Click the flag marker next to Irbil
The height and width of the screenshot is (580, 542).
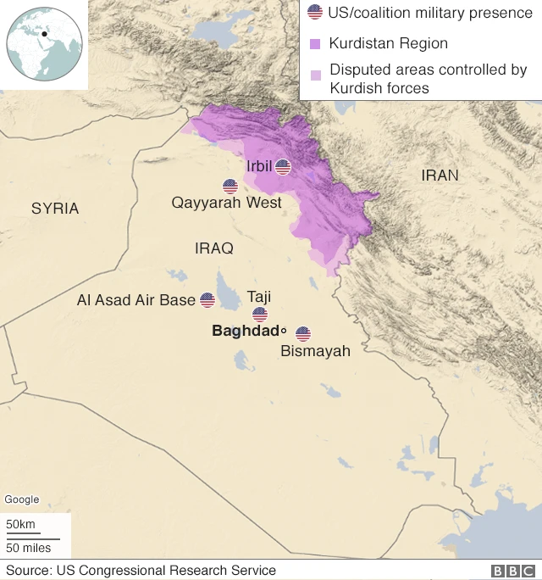pyautogui.click(x=283, y=167)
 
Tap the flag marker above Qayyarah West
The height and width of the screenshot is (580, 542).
pyautogui.click(x=230, y=187)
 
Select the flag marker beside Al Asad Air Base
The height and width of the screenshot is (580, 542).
pyautogui.click(x=207, y=300)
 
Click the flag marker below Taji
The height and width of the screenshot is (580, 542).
pyautogui.click(x=260, y=315)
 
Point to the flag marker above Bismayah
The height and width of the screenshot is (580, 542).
pyautogui.click(x=303, y=334)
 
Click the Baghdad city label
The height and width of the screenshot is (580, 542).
pyautogui.click(x=246, y=331)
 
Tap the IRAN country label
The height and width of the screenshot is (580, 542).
pyautogui.click(x=440, y=176)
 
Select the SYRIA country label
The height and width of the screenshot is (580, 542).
pyautogui.click(x=55, y=209)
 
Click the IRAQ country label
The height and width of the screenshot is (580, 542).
pyautogui.click(x=213, y=248)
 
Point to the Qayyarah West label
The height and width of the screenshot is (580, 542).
pyautogui.click(x=226, y=204)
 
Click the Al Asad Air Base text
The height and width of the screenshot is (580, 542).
pyautogui.click(x=135, y=300)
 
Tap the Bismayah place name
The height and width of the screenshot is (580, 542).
pyautogui.click(x=315, y=351)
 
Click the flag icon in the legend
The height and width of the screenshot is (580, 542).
pyautogui.click(x=315, y=13)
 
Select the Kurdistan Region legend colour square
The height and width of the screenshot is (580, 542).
pyautogui.click(x=315, y=43)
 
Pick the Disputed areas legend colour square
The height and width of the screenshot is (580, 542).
pyautogui.click(x=315, y=75)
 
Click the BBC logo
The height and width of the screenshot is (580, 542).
pyautogui.click(x=512, y=571)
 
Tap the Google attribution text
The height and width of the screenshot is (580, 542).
pyautogui.click(x=22, y=500)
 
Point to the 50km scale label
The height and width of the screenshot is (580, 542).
pyautogui.click(x=21, y=525)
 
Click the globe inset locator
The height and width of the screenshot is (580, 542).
pyautogui.click(x=44, y=44)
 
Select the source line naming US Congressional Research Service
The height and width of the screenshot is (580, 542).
pyautogui.click(x=141, y=571)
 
